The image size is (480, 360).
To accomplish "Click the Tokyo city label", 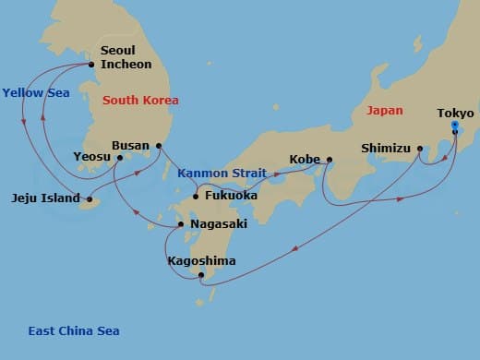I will tap(455, 114).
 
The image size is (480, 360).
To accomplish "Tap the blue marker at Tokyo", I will tap(455, 130).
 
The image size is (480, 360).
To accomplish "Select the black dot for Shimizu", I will tap(420, 147).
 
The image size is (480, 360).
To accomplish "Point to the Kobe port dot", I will tap(329, 160).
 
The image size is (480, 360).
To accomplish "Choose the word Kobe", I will tap(305, 159).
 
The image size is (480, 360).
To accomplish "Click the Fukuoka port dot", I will tap(196, 196).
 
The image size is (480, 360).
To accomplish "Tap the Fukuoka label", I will tap(229, 195).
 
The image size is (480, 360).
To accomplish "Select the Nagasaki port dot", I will tap(181, 224).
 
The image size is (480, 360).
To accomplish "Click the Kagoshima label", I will tap(201, 261).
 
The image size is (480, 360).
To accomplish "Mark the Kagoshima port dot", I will tap(201, 275).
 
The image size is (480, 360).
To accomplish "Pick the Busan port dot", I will tap(159, 145).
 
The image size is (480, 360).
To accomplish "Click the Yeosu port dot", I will tap(120, 158).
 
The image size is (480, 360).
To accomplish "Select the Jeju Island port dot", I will tap(90, 198).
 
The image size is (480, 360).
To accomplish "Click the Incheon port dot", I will tap(91, 65).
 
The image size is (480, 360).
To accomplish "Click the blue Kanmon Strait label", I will tap(221, 173).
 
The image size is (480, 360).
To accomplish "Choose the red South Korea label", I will tap(140, 100).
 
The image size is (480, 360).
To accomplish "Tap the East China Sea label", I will tap(73, 331).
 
